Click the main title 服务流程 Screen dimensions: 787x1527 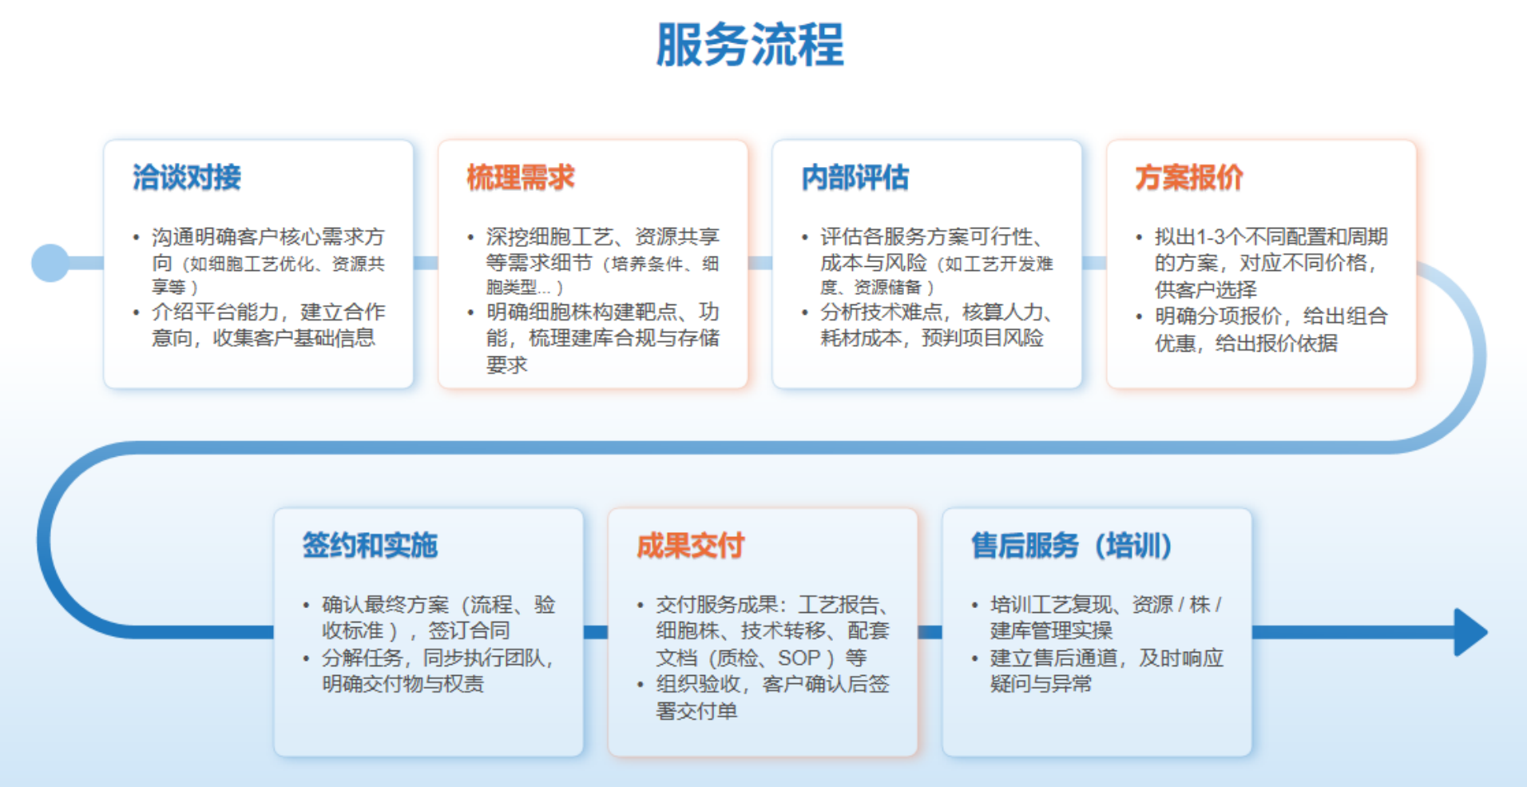749,45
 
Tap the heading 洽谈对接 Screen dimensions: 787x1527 186,177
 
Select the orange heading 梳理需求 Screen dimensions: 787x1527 520,177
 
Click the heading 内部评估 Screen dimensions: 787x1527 855,177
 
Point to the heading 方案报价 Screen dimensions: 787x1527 1188,177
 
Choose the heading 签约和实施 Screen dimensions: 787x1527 370,546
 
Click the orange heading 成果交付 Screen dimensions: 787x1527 690,546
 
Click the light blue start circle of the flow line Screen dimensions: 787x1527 50,263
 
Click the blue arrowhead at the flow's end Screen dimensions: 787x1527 1469,632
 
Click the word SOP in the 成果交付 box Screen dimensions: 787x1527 799,658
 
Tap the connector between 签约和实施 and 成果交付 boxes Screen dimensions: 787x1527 596,632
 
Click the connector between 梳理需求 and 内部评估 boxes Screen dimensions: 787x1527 760,263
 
